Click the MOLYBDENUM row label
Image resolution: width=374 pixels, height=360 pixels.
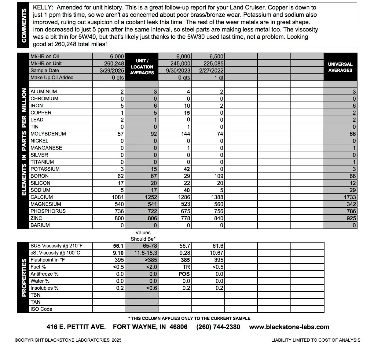(x=48, y=134)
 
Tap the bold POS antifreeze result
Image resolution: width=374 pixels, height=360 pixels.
(x=184, y=274)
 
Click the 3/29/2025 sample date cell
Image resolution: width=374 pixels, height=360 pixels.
(x=112, y=70)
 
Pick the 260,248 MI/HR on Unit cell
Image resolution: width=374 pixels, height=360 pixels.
(x=114, y=63)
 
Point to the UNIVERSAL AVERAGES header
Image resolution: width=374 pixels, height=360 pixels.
(x=340, y=67)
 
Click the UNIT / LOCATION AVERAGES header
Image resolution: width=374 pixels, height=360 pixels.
(x=142, y=67)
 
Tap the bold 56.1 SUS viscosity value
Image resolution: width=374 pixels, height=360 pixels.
(x=118, y=246)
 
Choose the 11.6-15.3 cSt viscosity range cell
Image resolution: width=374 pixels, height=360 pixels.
(x=146, y=253)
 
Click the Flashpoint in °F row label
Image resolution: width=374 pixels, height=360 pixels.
(x=47, y=260)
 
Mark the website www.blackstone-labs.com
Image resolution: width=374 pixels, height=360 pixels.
(x=289, y=327)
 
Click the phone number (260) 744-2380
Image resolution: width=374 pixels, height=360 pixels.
(x=218, y=327)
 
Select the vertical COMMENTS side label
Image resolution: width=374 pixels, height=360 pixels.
(x=24, y=25)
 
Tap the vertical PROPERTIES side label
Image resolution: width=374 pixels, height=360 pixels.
(x=24, y=277)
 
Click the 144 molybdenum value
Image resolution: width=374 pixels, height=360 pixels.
(x=185, y=134)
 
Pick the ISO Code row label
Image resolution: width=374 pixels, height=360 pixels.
(x=41, y=309)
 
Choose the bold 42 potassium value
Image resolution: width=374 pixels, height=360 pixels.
(x=187, y=169)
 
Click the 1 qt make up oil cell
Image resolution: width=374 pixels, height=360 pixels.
(x=219, y=77)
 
